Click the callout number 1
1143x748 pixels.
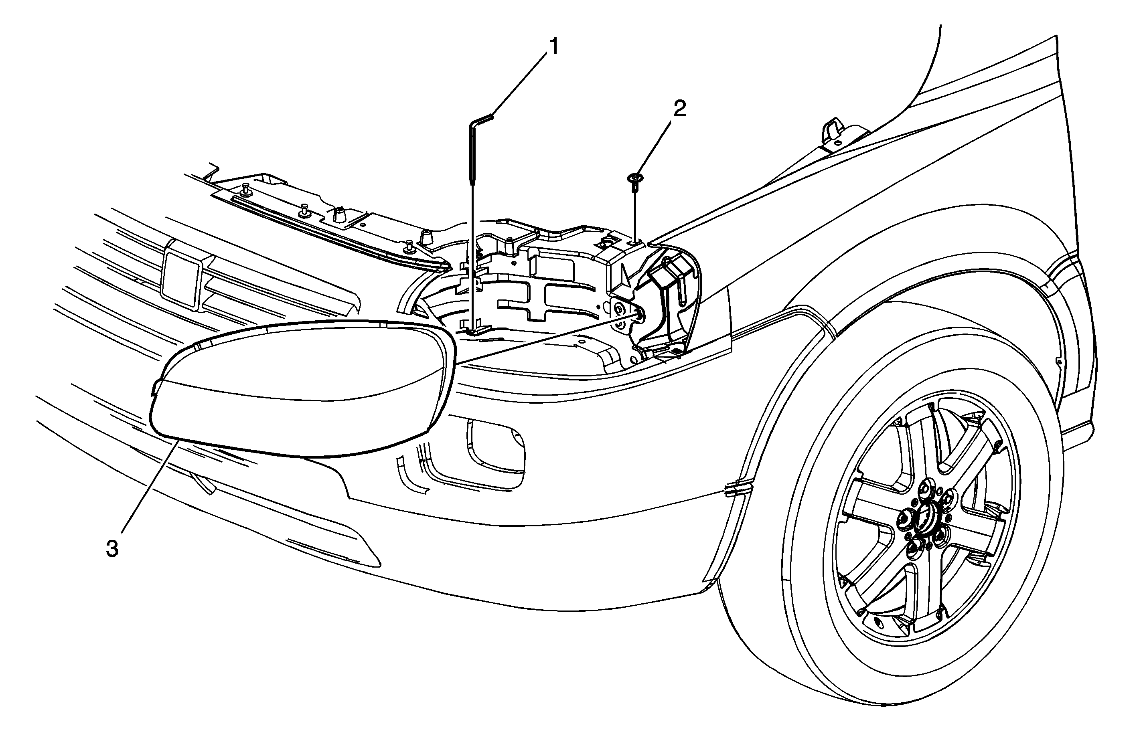click(554, 47)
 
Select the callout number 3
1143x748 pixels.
click(112, 549)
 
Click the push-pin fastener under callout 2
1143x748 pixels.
click(635, 184)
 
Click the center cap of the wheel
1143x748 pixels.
click(924, 521)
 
